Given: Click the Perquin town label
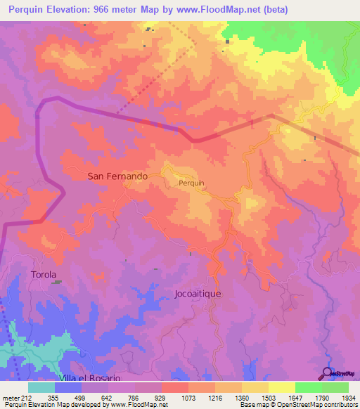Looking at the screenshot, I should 191,183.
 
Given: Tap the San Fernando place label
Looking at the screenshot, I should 117,176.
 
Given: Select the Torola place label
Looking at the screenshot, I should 44,274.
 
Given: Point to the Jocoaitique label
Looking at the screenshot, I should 198,294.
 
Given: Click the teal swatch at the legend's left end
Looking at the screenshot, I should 41,387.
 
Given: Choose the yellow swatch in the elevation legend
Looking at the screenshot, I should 281,387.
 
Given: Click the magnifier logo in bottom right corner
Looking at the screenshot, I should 326,372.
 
